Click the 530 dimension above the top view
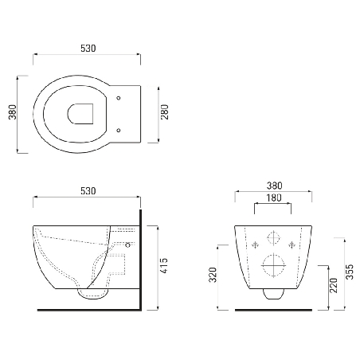pyautogui.click(x=88, y=49)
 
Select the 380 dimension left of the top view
pyautogui.click(x=12, y=113)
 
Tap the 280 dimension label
pyautogui.click(x=165, y=114)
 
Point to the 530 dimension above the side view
pyautogui.click(x=88, y=191)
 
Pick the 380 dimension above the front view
pyautogui.click(x=273, y=186)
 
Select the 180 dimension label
pyautogui.click(x=273, y=198)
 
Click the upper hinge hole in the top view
pyautogui.click(x=118, y=99)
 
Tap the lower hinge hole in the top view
pyautogui.click(x=118, y=129)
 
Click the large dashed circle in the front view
pyautogui.click(x=273, y=264)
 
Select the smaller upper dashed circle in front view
pyautogui.click(x=273, y=238)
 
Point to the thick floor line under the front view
pyautogui.click(x=273, y=309)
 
